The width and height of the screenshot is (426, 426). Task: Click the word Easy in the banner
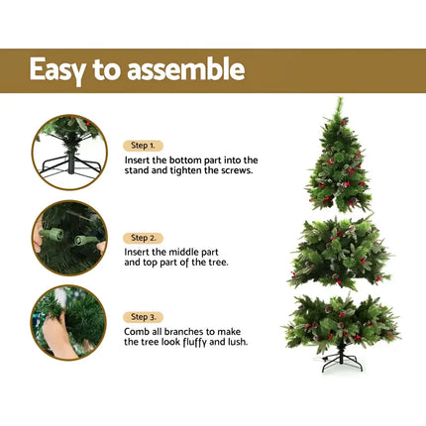coord(60,70)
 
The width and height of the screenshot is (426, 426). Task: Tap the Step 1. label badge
coord(144,145)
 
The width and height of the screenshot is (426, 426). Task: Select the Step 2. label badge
coord(144,238)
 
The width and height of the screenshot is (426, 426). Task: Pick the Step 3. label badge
coord(144,317)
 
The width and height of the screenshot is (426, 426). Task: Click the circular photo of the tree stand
coord(68,152)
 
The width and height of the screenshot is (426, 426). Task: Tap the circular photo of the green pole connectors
coord(68,237)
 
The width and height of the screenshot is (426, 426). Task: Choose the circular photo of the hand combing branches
coord(68,321)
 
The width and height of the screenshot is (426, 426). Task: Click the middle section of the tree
coord(340,254)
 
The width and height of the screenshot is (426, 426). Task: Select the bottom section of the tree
coord(341,323)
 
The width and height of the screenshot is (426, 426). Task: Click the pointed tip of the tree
coord(338,99)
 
